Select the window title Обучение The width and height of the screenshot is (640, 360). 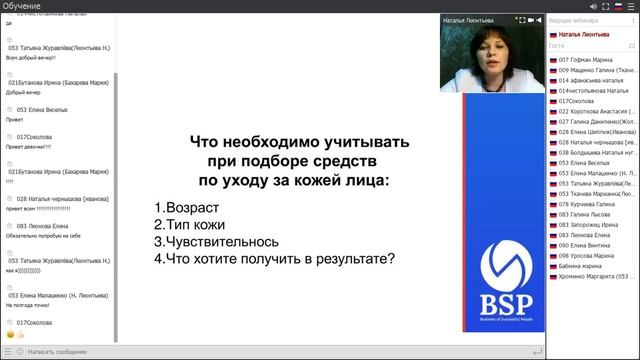click(x=22, y=6)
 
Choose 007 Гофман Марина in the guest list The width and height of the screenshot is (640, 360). click(x=592, y=60)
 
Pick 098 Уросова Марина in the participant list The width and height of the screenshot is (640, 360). click(x=592, y=255)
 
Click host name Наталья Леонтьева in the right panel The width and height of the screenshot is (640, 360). click(x=585, y=33)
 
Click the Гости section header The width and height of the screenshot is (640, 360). click(x=557, y=45)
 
